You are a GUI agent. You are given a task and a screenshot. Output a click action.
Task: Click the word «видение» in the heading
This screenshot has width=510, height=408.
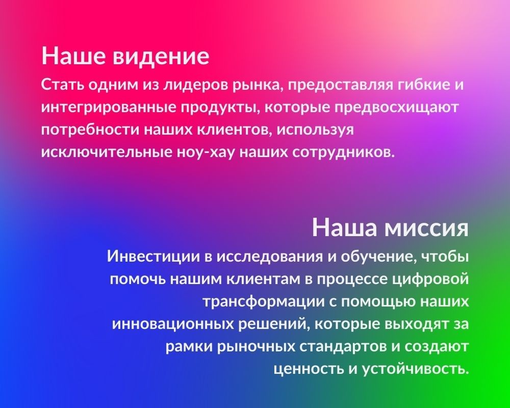coord(161,56)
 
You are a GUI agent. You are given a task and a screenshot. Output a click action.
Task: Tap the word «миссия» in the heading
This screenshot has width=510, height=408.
coord(426,227)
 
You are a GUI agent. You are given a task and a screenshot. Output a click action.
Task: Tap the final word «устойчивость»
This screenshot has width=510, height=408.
coord(415,369)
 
